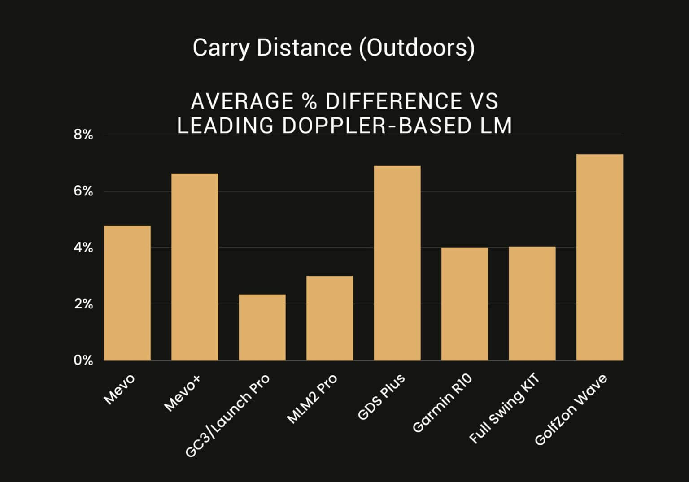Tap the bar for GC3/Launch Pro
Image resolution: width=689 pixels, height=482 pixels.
point(262,327)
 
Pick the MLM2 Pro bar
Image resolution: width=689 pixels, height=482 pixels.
point(330,318)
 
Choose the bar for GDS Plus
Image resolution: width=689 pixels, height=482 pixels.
point(397,263)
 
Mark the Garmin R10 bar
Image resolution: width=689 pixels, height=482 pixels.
point(465,304)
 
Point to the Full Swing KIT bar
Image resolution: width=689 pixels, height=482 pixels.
point(532,304)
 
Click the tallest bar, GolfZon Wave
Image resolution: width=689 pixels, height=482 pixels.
point(600,257)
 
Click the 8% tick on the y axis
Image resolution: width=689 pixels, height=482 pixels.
point(83,135)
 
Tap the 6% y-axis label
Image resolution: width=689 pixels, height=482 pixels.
point(83,191)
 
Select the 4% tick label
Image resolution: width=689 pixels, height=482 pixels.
point(83,248)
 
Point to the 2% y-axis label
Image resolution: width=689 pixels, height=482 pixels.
point(83,304)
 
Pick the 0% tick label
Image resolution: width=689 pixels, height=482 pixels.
point(83,360)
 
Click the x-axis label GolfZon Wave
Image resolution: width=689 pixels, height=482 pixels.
point(571,409)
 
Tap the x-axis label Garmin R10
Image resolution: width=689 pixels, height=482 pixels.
point(442,403)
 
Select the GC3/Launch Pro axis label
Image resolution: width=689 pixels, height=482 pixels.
point(228,415)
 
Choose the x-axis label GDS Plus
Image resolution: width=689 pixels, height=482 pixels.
point(382,397)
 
